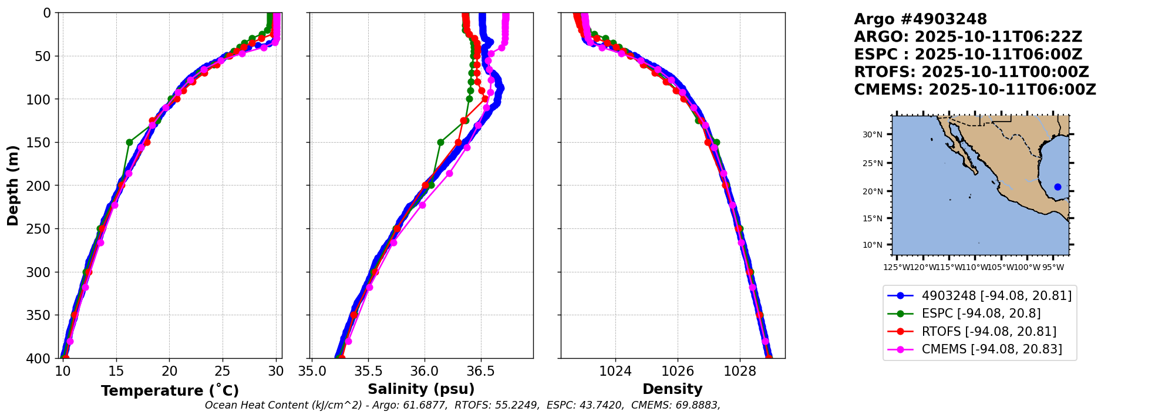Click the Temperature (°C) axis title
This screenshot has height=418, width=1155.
[x=170, y=390]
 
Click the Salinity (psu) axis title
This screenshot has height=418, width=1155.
[x=421, y=389]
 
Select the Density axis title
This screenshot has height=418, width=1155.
[x=672, y=389]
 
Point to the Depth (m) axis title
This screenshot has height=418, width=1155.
[x=13, y=186]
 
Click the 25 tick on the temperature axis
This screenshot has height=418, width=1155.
[x=222, y=371]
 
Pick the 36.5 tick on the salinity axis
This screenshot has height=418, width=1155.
[x=480, y=371]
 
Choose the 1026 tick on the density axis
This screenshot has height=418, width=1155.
[x=678, y=371]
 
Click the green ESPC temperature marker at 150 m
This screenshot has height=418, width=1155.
[x=129, y=142]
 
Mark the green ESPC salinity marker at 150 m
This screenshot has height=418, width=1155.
[x=440, y=142]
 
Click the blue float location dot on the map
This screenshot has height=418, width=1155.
[x=1058, y=187]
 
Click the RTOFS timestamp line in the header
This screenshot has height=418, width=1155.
[x=971, y=72]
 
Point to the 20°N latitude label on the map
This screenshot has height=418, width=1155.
[x=873, y=191]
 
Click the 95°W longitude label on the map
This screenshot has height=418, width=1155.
[x=1053, y=268]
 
